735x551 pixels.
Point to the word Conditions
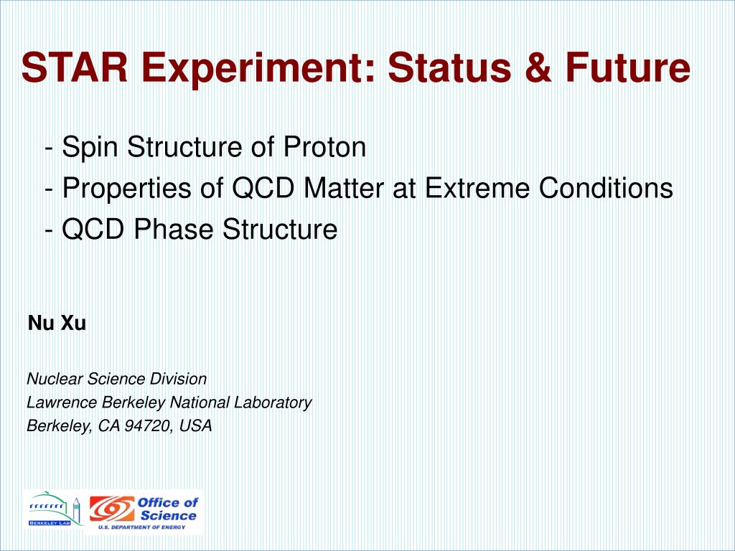[x=607, y=189]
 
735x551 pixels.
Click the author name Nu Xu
[x=57, y=324]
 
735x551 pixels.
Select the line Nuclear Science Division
[x=116, y=379]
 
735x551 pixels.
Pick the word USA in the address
[x=196, y=426]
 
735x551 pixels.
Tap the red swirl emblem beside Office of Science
[x=111, y=509]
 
